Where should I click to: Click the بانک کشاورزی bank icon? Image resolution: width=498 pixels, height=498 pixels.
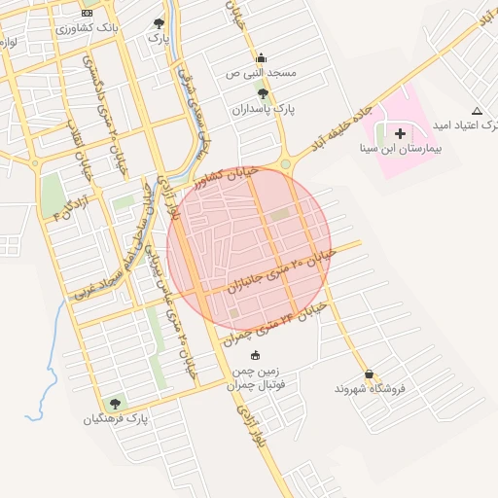pos(87,13)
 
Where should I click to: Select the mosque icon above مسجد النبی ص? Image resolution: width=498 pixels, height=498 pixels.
pos(260,58)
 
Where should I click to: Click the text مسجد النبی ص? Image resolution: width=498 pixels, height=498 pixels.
pos(260,74)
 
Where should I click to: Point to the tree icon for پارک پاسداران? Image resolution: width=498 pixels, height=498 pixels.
pos(263,93)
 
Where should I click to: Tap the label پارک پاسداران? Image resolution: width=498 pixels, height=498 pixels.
pos(263,109)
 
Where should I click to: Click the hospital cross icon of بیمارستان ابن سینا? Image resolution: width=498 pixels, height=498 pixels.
pos(401,132)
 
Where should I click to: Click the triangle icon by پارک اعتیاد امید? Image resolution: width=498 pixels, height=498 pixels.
pos(477,111)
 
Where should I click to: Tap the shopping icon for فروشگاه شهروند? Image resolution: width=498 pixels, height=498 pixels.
pos(369,374)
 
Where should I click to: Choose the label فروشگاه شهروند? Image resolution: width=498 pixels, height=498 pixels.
pos(369,390)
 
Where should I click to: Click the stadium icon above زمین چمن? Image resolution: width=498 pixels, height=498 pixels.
pos(256,355)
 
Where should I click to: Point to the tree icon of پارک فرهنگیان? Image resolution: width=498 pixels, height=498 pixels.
pos(116,404)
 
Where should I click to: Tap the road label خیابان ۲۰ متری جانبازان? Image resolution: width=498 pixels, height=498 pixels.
pos(281,271)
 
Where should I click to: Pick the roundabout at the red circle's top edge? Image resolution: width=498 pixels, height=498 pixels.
pos(286,164)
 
